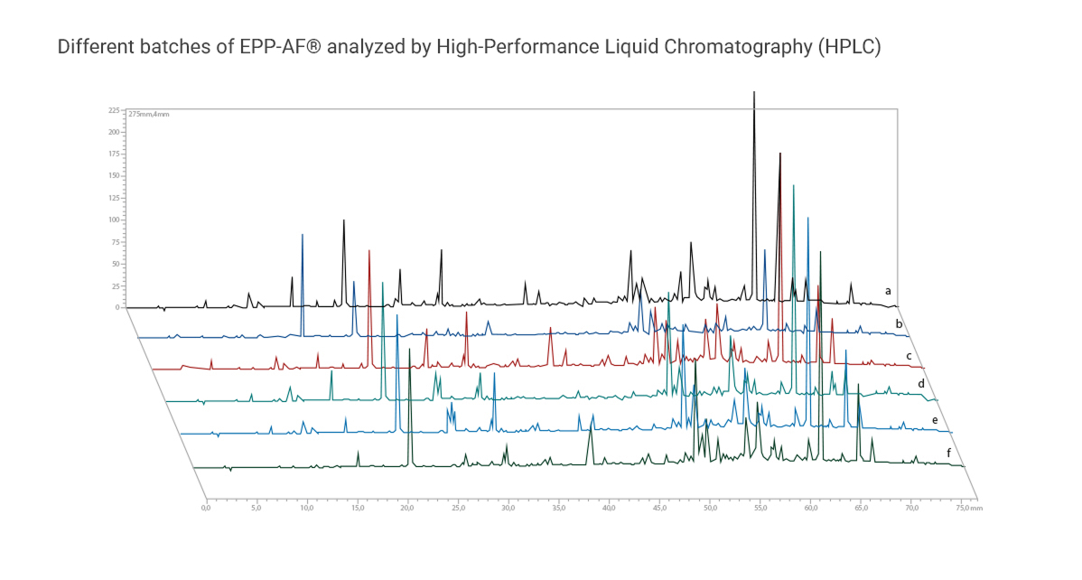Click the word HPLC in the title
click(x=846, y=47)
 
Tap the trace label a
click(x=889, y=291)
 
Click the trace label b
click(x=899, y=323)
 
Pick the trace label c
click(x=909, y=356)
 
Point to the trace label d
click(x=921, y=384)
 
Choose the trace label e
click(x=935, y=420)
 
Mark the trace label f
click(x=948, y=451)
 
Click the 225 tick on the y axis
click(x=114, y=110)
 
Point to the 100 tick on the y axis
click(x=114, y=220)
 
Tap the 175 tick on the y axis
click(x=114, y=154)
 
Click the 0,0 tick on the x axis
click(x=206, y=509)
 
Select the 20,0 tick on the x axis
click(x=407, y=509)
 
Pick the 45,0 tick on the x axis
click(x=659, y=509)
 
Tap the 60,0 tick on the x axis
click(x=810, y=509)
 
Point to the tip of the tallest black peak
click(x=754, y=92)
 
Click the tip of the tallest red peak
click(x=779, y=154)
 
